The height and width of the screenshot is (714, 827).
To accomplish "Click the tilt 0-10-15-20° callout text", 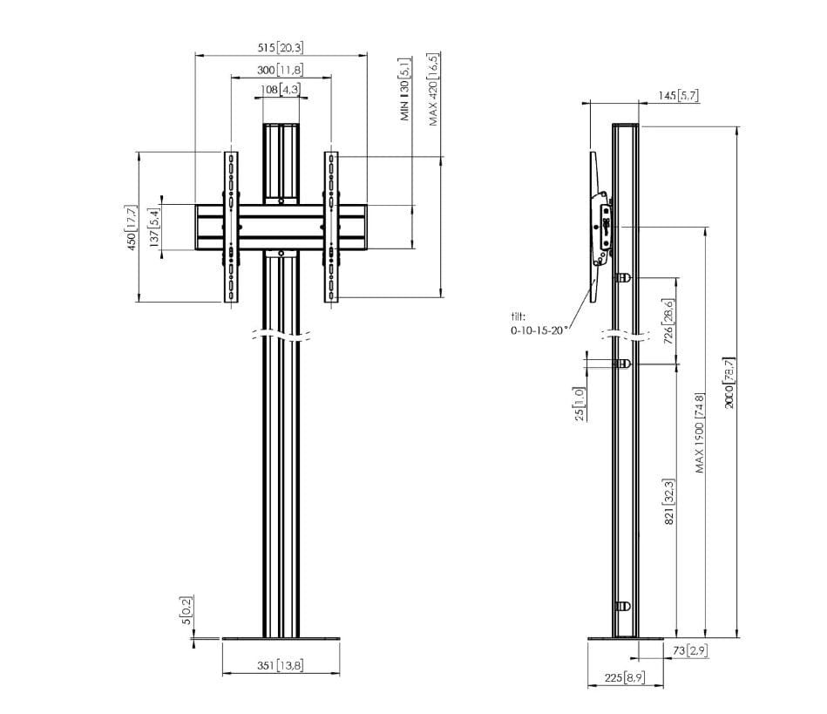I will [x=538, y=323].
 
